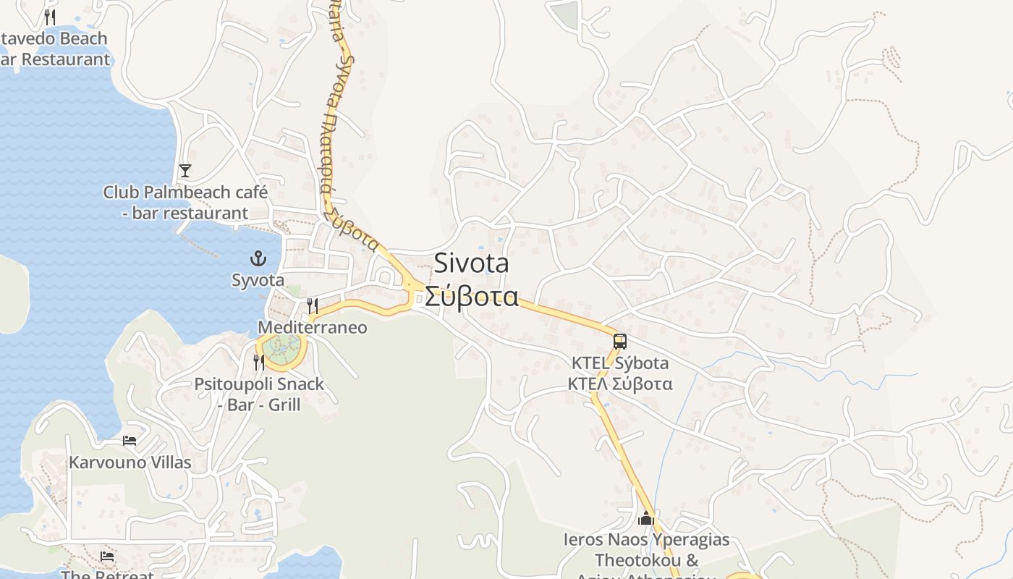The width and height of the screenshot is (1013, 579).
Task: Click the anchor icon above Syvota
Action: tap(258, 258)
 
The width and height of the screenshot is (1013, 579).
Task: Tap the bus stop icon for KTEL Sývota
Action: tap(619, 342)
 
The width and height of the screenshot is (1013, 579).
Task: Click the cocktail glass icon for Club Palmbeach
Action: tap(185, 171)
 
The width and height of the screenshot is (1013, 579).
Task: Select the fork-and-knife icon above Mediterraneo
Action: tap(312, 306)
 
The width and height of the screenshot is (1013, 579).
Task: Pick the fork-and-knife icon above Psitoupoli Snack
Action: tap(259, 363)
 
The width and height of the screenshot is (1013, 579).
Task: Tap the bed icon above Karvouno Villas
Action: tap(130, 440)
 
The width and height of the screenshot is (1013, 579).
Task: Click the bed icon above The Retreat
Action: tap(107, 557)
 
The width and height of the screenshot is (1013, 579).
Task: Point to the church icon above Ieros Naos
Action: tap(646, 518)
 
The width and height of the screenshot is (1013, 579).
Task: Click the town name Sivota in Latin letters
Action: tap(471, 264)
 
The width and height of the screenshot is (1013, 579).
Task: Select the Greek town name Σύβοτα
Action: tap(471, 297)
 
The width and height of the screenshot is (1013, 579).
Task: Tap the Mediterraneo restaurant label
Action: tap(313, 328)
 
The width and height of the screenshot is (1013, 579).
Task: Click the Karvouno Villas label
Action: tap(130, 462)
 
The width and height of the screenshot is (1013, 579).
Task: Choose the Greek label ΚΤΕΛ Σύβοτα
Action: tap(620, 384)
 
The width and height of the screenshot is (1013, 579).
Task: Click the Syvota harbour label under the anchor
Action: tap(258, 280)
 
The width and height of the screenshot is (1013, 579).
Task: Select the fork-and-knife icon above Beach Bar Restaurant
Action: tap(50, 17)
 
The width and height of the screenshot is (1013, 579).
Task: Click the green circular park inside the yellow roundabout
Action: tap(281, 350)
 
